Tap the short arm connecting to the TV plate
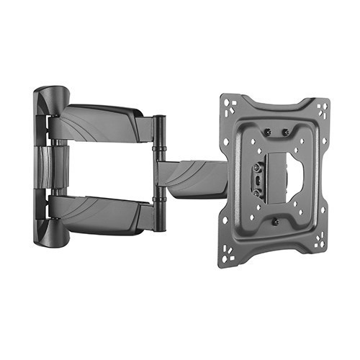(x=191, y=176)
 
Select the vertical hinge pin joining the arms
(x=159, y=173)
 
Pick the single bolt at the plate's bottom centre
(x=274, y=221)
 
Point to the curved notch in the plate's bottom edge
(x=274, y=248)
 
